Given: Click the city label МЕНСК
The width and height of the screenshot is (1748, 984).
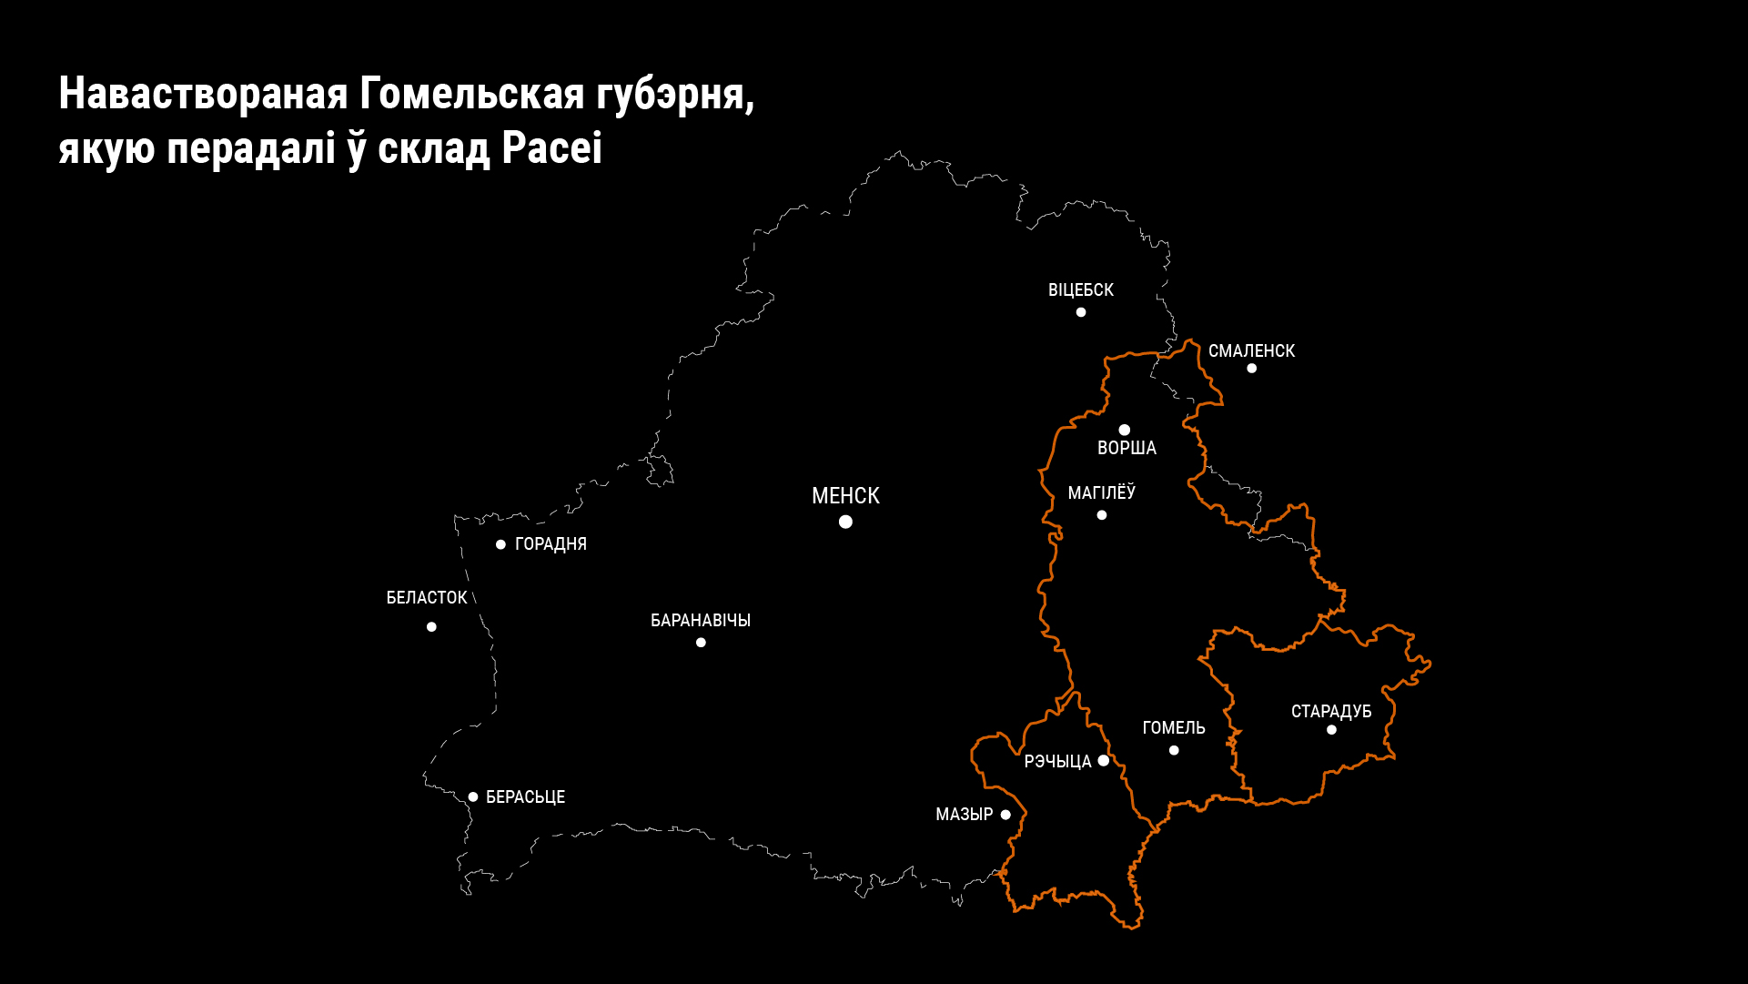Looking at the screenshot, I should pos(845,496).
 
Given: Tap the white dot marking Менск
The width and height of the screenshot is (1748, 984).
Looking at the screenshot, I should pos(845,522).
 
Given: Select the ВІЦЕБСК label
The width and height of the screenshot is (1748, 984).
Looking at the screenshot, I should pos(1080,290).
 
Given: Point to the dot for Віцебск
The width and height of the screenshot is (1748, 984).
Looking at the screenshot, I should pos(1081,312).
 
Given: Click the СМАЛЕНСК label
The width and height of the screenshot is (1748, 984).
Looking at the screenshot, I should pos(1251,351).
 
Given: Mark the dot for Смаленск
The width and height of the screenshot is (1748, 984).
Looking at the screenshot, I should pos(1252,369).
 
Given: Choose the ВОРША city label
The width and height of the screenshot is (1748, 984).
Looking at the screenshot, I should pos(1127,448).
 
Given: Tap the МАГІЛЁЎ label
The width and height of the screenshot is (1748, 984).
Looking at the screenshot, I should pos(1101,493).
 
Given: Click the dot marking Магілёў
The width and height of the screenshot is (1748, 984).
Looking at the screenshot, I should pos(1102,515).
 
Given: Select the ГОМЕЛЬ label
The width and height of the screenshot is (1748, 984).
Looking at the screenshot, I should pos(1174,728).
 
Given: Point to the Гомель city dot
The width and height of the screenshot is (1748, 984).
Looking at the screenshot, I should pos(1174,751).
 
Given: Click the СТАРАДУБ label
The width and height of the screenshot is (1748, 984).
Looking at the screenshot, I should pos(1331,712).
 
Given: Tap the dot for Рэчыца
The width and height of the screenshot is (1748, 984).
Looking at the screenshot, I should pos(1104,761).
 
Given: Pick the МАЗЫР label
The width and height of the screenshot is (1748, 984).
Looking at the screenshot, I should pos(964,815).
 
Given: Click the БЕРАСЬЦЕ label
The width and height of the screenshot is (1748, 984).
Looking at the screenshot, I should pos(525,797).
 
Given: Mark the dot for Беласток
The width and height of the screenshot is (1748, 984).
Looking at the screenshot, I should pos(431,627).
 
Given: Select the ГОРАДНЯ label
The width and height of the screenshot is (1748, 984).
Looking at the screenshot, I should pos(551,544).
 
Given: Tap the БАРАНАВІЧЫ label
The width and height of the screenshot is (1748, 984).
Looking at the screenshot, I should pos(701,621).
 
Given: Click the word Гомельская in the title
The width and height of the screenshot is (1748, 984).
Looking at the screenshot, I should pos(472,94).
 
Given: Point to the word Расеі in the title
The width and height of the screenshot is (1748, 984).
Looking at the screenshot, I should pos(551,148).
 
